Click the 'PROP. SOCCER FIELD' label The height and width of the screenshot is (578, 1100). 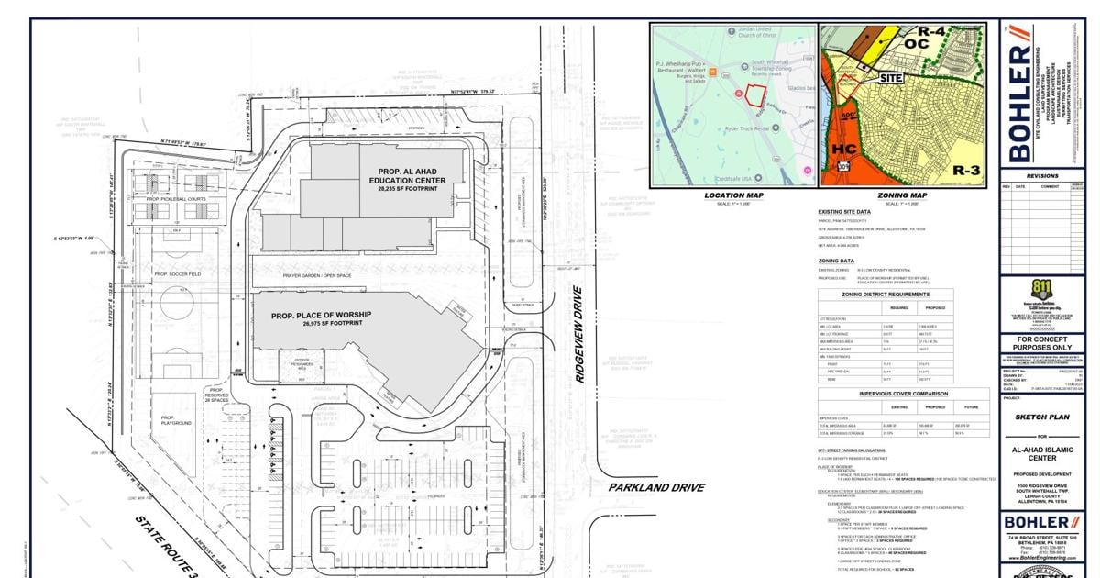point(177,274)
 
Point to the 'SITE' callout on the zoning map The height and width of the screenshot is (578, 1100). point(892,78)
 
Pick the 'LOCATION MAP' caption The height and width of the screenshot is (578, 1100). point(733,195)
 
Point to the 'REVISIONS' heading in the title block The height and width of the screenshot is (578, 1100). point(1041,176)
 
